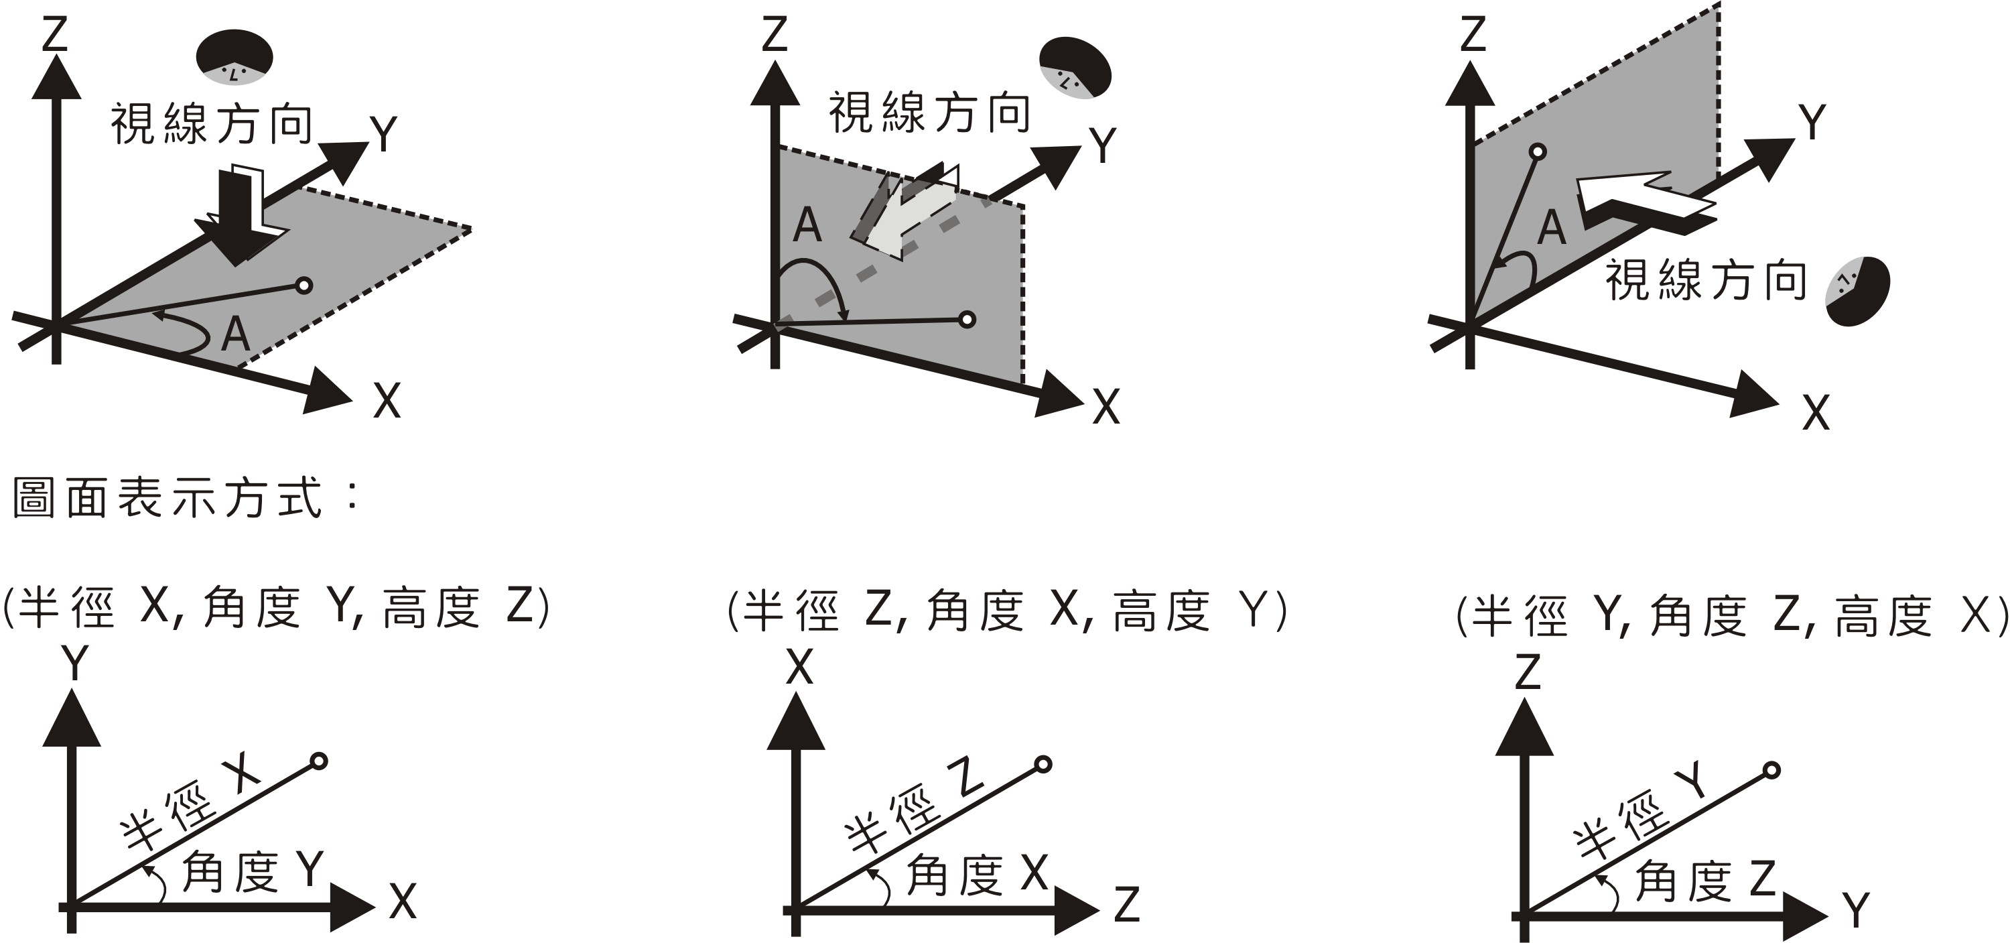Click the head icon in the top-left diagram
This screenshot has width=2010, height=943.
[234, 57]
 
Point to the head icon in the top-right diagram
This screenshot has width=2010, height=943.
[1857, 290]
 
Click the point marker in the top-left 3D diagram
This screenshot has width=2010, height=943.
[304, 286]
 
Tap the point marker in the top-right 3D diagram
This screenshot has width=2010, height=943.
[1538, 152]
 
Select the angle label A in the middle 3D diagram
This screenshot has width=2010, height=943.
[807, 227]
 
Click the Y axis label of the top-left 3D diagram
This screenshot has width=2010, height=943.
[384, 134]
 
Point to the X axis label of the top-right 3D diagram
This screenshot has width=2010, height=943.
[1816, 413]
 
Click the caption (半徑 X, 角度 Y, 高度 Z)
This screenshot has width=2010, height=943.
[277, 607]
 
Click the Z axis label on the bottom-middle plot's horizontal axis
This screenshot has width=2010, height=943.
[1127, 905]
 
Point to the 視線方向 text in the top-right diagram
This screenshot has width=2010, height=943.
[1706, 280]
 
